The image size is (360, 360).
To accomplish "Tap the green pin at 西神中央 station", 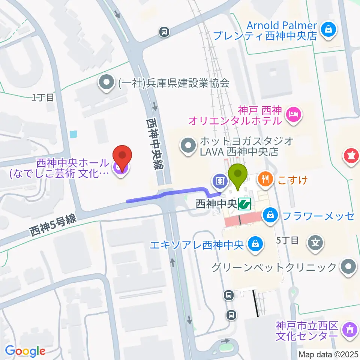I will (x=239, y=176).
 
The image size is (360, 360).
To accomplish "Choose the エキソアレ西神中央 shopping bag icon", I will (x=255, y=244).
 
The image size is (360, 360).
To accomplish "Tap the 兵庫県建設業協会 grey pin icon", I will (x=107, y=82).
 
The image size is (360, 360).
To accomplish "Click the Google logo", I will (x=25, y=351).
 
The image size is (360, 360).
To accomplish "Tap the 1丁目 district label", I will (x=43, y=98).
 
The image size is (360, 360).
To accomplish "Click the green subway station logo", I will (x=246, y=204).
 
